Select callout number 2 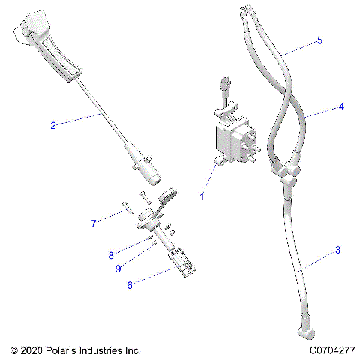52,125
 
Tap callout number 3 337,249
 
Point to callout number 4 341,106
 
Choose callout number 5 320,40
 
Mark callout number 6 129,284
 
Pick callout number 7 94,223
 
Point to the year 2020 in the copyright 33,350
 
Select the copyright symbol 14,350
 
